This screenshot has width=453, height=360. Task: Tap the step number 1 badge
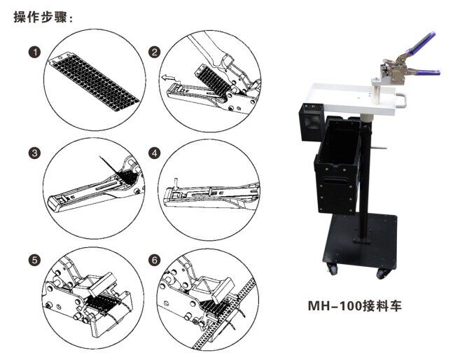point(35,53)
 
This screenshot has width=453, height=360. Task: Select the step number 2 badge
point(154,53)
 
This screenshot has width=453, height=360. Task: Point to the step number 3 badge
point(35,153)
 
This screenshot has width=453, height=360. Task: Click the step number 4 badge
point(154,153)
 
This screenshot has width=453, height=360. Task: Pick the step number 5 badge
point(35,261)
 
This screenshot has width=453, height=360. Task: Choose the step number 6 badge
point(154,261)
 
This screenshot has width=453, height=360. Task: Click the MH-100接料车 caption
point(355,306)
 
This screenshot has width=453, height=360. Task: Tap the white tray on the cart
point(357,98)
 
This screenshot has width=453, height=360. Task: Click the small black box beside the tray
point(311,122)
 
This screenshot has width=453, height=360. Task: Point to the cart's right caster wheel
point(383,274)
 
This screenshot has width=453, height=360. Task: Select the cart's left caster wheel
point(331,269)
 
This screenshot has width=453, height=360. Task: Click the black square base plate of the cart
point(361,241)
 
